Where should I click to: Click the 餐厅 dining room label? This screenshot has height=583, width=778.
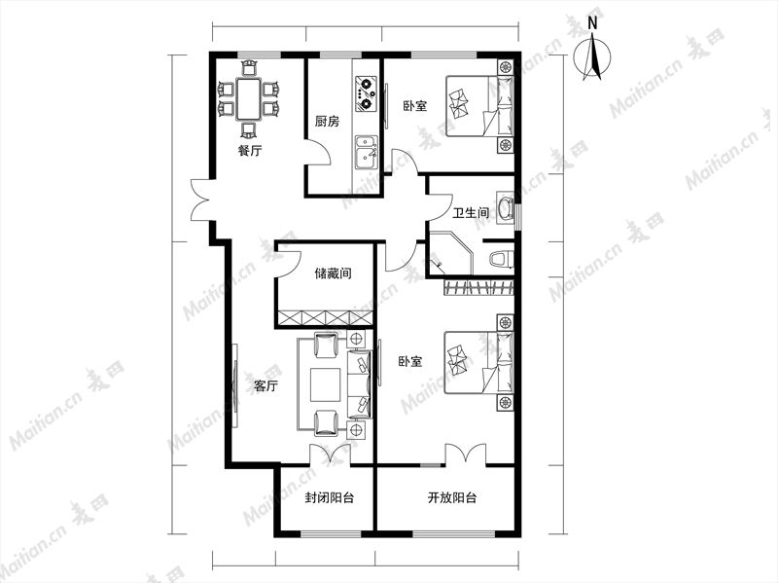click(x=249, y=151)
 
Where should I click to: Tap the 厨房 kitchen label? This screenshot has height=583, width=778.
click(x=328, y=121)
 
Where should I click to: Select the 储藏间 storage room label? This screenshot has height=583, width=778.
click(x=334, y=273)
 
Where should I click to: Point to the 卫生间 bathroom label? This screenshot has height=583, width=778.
click(x=472, y=213)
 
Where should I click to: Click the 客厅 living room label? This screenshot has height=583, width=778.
click(x=265, y=385)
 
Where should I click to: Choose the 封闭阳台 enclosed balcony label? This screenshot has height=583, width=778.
click(x=330, y=497)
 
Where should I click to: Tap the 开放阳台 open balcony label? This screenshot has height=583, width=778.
click(x=452, y=497)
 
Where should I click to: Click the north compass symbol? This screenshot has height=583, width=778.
click(x=592, y=55)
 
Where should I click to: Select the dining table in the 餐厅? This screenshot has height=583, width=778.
click(x=249, y=98)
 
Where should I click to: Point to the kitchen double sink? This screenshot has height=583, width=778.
click(x=367, y=153)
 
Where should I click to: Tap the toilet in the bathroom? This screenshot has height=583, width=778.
click(x=501, y=259)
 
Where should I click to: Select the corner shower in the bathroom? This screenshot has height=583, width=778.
click(x=450, y=253)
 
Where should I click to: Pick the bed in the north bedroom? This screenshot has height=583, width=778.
click(x=479, y=106)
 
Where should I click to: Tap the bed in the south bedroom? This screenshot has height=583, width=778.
click(x=478, y=362)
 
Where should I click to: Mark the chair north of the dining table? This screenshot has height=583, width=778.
click(x=249, y=67)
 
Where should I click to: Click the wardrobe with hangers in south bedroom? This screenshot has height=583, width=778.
click(x=478, y=287)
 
